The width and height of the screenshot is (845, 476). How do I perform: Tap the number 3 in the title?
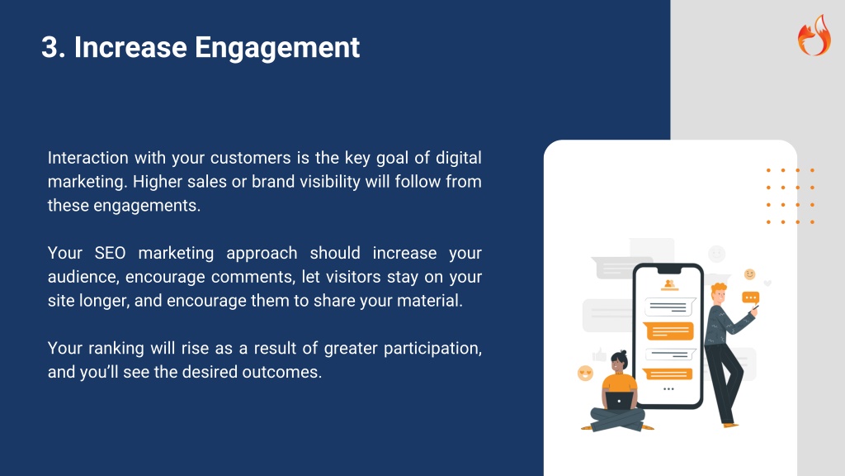pos(50,47)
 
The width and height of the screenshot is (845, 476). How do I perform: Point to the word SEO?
pos(110,253)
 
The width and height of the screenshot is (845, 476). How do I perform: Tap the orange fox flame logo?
pos(814,36)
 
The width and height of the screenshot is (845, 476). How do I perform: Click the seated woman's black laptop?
pos(619,401)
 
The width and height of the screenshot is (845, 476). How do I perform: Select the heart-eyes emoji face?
pos(585,373)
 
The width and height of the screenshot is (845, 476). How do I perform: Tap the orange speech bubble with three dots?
pos(751,297)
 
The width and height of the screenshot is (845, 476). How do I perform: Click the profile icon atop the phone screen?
pos(669,284)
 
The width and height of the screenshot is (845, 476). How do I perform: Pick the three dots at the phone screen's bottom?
pos(668,388)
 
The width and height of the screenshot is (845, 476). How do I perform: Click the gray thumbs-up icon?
pos(599,355)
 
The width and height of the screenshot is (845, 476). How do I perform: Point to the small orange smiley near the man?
pos(749,274)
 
